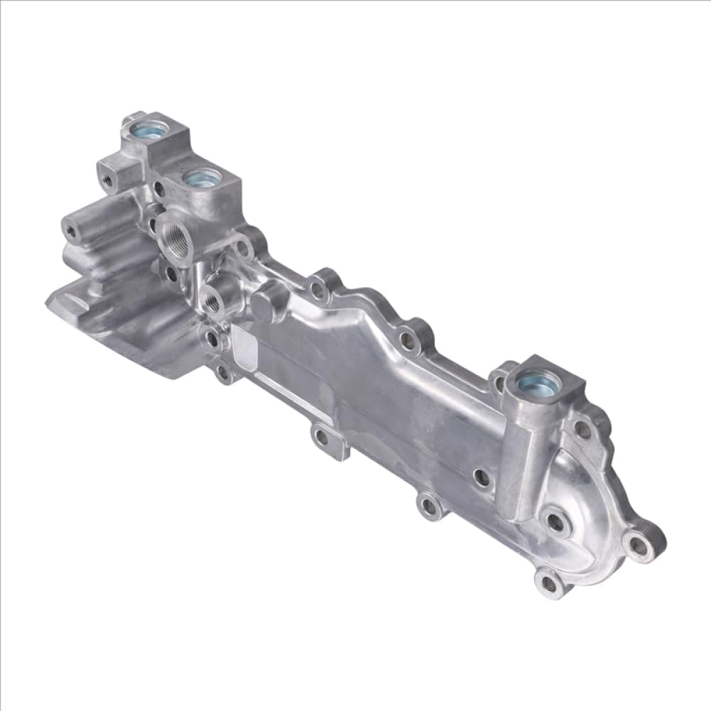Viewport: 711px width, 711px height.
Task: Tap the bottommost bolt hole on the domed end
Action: [549, 582]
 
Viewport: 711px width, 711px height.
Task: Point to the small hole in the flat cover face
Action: [482, 477]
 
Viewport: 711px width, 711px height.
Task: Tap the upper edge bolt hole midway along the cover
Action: [408, 340]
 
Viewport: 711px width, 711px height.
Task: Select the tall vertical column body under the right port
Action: [516, 462]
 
